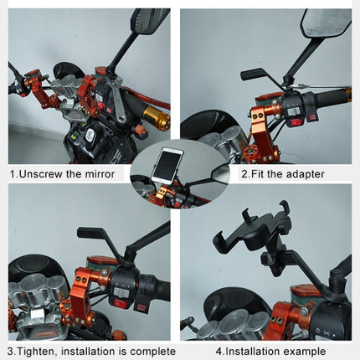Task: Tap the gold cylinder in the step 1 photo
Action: (156, 118)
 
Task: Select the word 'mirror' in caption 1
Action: (110, 174)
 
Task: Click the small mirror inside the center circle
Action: (220, 173)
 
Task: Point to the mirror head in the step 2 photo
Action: (326, 23)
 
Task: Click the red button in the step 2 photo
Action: (295, 122)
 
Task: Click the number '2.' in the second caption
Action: (245, 174)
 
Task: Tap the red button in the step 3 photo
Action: (121, 303)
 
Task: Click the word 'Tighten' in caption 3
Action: (39, 352)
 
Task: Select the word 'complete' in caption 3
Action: (147, 352)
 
